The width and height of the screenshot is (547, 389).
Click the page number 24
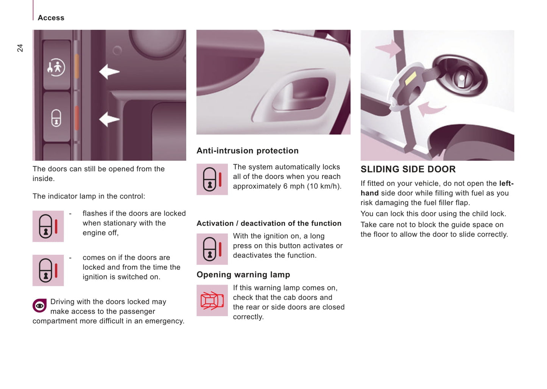tap(20, 48)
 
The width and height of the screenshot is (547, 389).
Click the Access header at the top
tap(51, 18)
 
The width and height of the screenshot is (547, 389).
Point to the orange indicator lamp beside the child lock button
tap(77, 66)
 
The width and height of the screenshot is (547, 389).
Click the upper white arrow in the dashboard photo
tap(109, 72)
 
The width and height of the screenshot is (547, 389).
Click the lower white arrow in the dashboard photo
tap(109, 119)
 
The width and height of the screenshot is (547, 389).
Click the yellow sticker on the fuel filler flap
tap(410, 78)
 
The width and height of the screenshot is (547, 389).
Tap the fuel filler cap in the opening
tap(462, 78)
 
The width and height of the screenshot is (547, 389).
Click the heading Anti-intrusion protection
tap(248, 151)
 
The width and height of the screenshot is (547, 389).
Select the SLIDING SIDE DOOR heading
tap(408, 169)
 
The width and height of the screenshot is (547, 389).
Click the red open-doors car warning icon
tap(212, 300)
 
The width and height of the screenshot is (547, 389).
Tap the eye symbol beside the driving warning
tap(40, 306)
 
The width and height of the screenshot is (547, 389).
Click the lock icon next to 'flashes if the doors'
tap(48, 226)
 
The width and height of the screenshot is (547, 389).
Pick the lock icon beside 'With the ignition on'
tap(212, 249)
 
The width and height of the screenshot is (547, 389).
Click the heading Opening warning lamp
tap(243, 275)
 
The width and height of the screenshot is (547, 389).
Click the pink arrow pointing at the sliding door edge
tap(388, 49)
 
